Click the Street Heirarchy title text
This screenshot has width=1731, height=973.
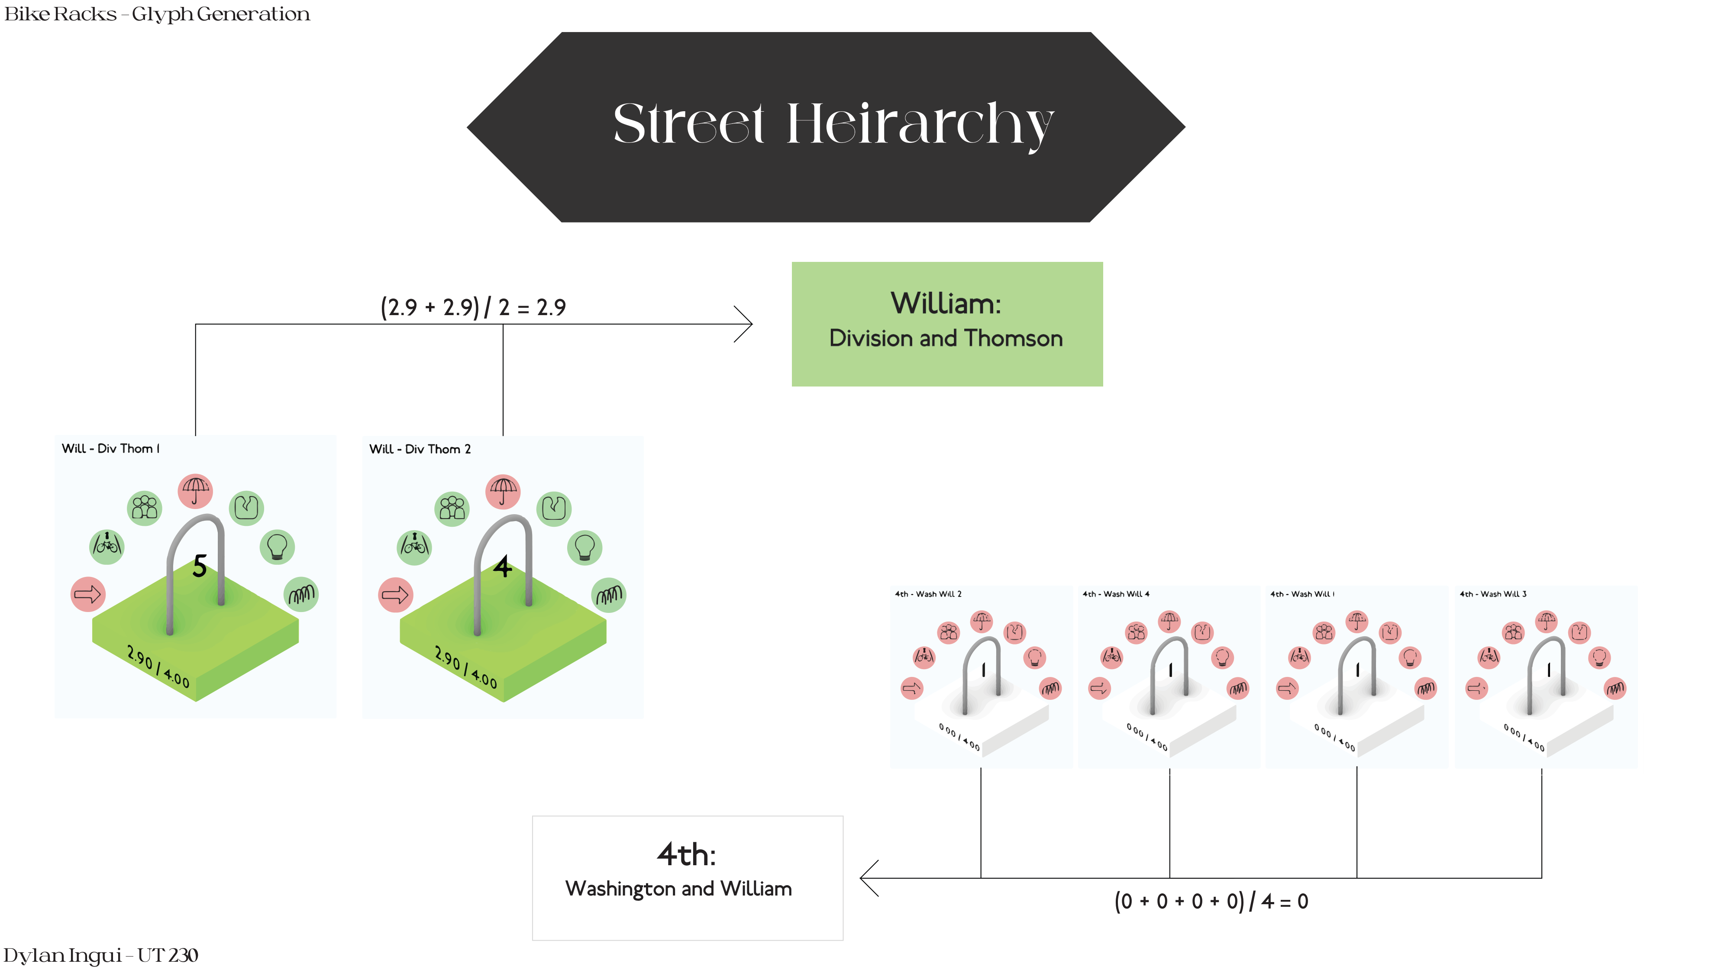click(x=833, y=124)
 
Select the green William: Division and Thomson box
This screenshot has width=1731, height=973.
click(x=947, y=323)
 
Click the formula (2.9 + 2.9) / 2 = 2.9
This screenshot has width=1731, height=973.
click(x=473, y=307)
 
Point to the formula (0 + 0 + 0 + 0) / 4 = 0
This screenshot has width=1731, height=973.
click(x=1211, y=901)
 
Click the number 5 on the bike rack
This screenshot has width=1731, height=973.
click(x=200, y=567)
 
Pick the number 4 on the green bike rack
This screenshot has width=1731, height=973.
click(x=503, y=567)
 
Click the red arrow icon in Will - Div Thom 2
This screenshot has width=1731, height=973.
click(x=395, y=595)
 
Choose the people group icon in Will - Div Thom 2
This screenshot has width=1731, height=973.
click(x=452, y=509)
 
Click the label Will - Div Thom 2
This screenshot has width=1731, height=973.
click(x=420, y=449)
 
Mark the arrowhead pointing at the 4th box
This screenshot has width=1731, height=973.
click(x=868, y=878)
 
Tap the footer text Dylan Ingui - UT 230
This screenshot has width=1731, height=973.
click(x=101, y=955)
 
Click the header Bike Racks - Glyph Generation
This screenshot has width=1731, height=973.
click(x=157, y=14)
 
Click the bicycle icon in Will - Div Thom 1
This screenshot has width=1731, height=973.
click(x=107, y=546)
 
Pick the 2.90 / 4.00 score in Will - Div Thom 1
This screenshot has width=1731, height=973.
click(x=158, y=667)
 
